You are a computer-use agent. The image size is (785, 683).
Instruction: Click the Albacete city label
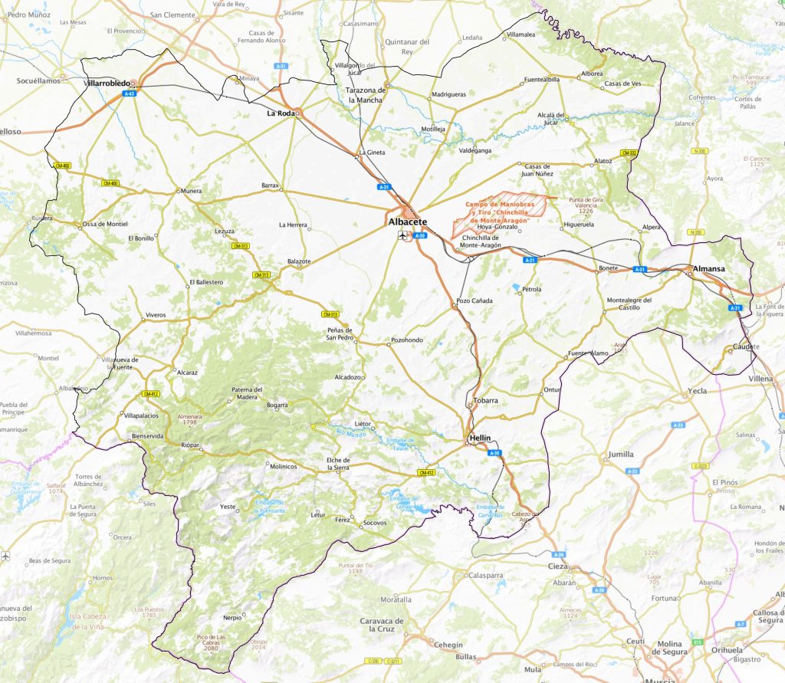408,222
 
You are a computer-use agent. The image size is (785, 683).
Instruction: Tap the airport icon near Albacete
402,236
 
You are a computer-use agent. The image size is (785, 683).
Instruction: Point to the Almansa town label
708,268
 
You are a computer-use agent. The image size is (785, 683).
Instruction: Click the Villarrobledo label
107,83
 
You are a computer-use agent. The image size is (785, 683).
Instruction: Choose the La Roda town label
280,113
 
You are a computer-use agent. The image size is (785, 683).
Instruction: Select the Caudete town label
746,346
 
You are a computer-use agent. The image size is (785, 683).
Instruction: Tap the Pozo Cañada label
471,301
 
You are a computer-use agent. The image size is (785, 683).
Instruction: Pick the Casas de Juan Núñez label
537,170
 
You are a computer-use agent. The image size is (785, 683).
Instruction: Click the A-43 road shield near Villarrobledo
130,94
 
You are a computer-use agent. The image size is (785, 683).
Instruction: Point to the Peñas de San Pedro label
339,333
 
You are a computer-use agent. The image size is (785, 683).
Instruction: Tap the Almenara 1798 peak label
189,418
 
